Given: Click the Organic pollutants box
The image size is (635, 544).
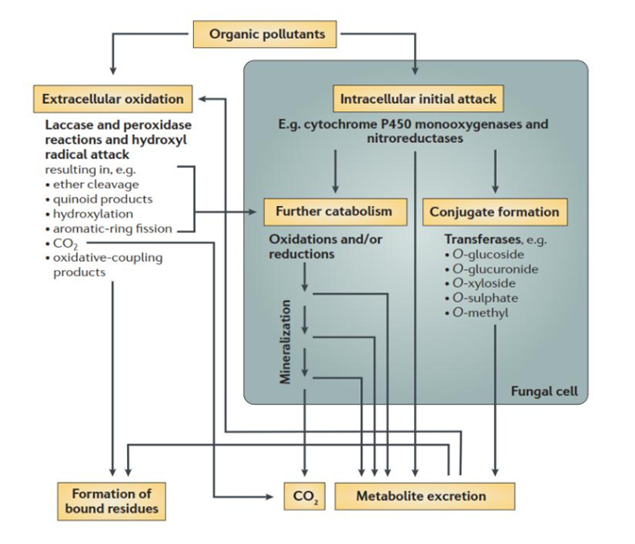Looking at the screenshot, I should tap(266, 34).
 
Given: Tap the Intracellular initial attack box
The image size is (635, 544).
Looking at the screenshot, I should tap(418, 97).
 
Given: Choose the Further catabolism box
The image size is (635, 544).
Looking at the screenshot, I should tap(333, 212).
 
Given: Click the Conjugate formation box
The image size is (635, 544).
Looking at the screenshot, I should tap(495, 212).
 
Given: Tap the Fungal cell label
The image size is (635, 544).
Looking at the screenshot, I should tap(544, 391).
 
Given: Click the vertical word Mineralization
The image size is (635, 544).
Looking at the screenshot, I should tap(287, 340).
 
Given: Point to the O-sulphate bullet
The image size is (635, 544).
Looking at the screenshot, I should tap(485, 298).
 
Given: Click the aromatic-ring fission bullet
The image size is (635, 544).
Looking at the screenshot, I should tap(112, 227).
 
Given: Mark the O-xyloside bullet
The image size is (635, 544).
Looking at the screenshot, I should tap(484, 284).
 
